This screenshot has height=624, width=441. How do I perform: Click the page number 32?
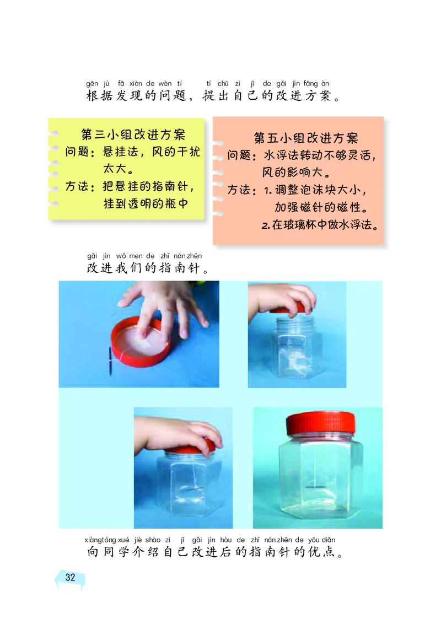click(x=70, y=578)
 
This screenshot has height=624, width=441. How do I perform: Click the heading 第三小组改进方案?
click(x=133, y=135)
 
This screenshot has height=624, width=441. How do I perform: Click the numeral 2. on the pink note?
click(x=266, y=226)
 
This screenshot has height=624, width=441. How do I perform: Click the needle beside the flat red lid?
click(x=110, y=361)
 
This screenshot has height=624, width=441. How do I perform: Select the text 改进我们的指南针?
click(x=147, y=270)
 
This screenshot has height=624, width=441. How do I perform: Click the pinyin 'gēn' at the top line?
click(x=92, y=83)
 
